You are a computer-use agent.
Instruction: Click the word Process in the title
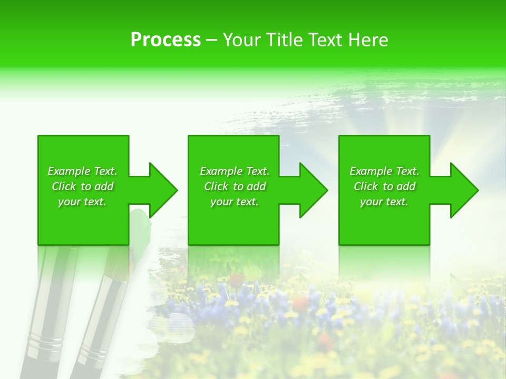click(x=166, y=40)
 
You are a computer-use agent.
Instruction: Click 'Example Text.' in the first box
click(x=82, y=171)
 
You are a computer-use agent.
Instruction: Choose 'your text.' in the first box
click(x=82, y=202)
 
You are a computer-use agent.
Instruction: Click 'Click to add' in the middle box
click(x=235, y=186)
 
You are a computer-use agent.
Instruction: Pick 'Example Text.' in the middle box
click(x=235, y=171)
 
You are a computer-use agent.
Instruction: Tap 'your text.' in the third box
click(x=384, y=202)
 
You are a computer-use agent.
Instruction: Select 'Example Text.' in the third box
click(x=384, y=171)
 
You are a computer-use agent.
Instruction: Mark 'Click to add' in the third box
click(x=384, y=186)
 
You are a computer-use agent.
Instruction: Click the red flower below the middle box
click(x=300, y=302)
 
